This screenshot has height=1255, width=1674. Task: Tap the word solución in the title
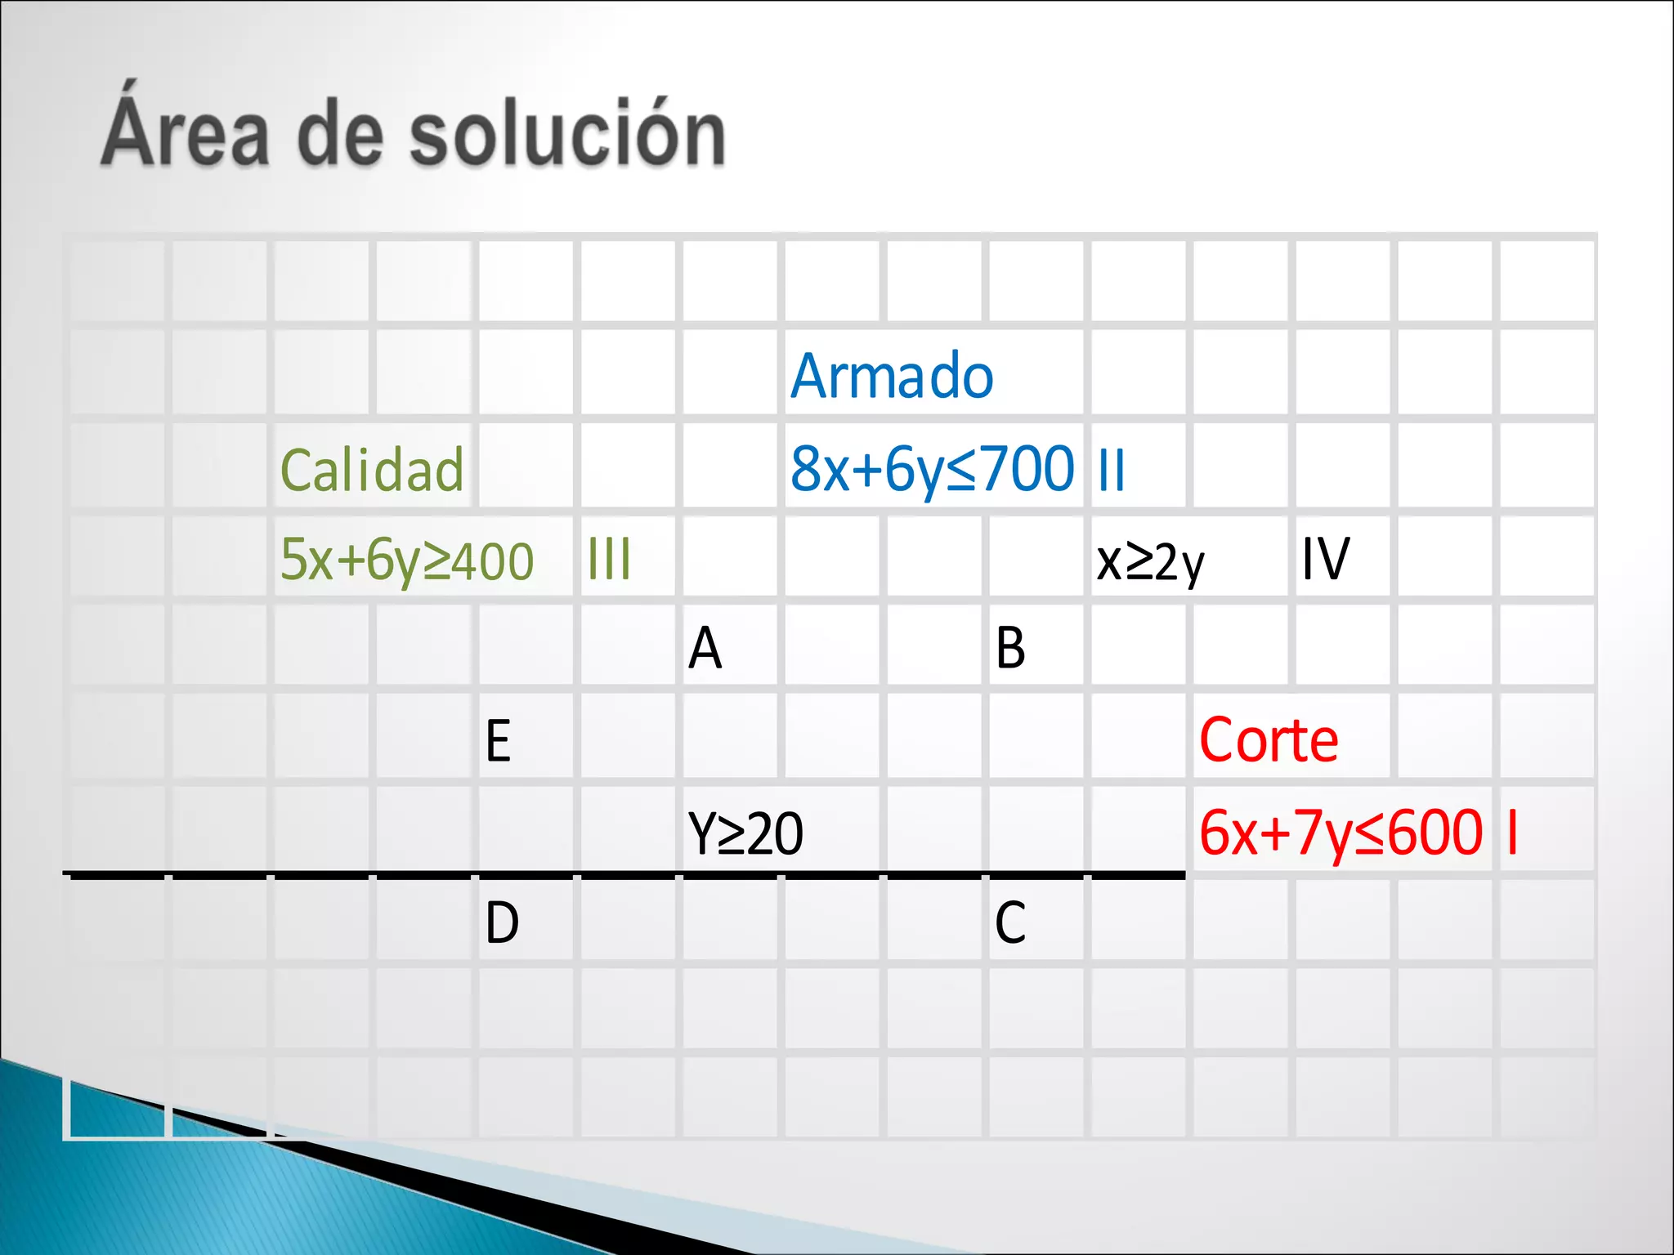point(566,132)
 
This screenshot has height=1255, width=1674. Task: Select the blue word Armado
point(892,376)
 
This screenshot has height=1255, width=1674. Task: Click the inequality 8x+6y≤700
point(932,470)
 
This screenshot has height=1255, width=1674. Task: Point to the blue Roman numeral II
point(1112,471)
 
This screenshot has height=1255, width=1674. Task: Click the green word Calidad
point(372,471)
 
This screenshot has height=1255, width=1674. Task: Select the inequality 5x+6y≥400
point(407,561)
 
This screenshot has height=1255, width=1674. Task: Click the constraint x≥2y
point(1150,562)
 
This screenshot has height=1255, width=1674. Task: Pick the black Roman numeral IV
point(1325,560)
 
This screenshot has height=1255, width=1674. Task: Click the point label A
point(705,649)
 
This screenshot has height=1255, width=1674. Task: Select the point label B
point(1010,649)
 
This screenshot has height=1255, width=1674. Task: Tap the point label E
point(498,741)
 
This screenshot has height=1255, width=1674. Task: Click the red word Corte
point(1269,740)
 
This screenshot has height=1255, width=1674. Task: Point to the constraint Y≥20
point(745,834)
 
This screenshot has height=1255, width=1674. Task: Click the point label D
point(502,924)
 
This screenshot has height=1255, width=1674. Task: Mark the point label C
point(1010,924)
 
